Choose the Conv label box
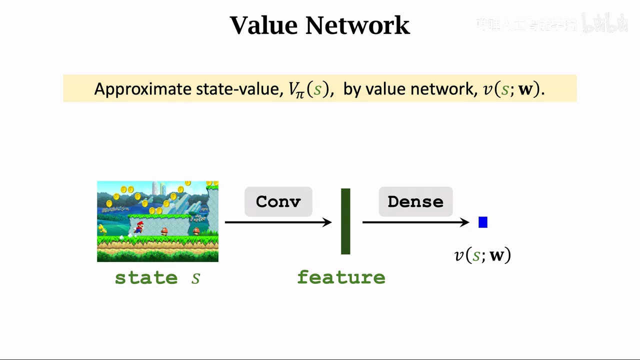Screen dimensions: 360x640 tap(278, 201)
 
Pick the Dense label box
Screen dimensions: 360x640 tap(415, 201)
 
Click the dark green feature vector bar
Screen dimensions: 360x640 tap(345, 221)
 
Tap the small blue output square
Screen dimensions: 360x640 tap(483, 222)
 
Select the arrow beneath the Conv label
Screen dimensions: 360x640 tap(278, 222)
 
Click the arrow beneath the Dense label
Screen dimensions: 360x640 tap(415, 222)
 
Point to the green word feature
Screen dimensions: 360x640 tap(341, 277)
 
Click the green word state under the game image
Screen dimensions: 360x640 tap(146, 277)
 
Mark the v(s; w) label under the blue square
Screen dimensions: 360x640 tap(482, 255)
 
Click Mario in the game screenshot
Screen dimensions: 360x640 tap(138, 227)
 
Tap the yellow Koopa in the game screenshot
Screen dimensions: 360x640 tap(102, 229)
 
